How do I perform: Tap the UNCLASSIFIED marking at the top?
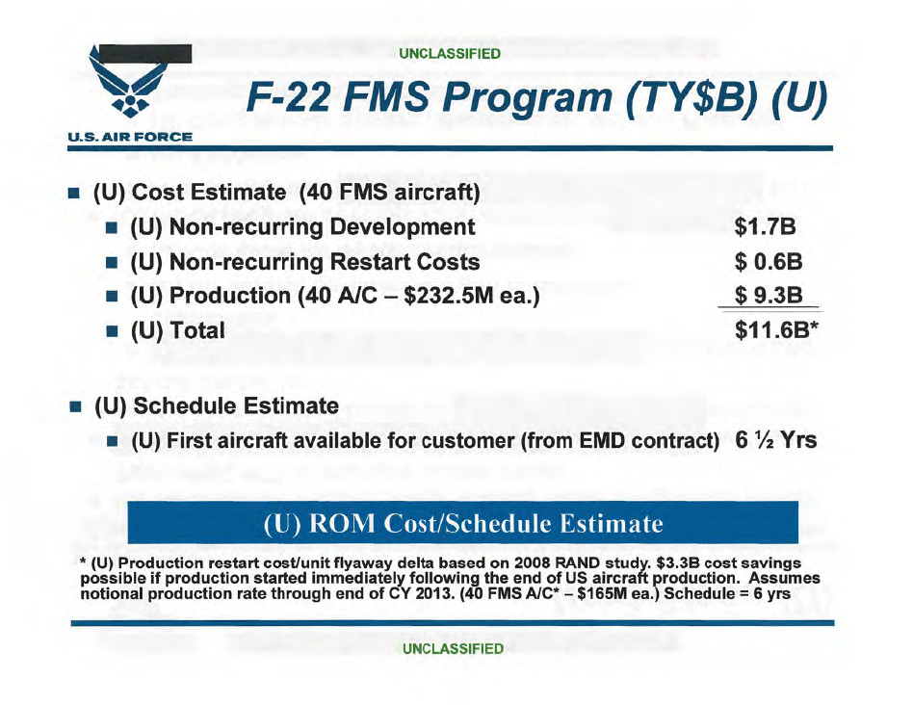click(451, 54)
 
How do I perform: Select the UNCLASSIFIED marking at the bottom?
click(453, 648)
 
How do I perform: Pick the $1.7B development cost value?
click(767, 227)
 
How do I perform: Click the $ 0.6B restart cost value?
click(769, 261)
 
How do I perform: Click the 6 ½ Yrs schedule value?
click(776, 441)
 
